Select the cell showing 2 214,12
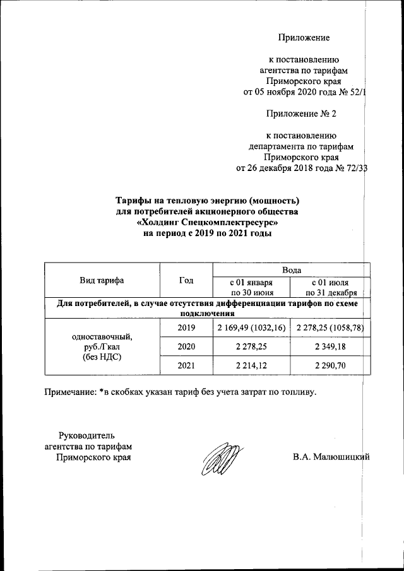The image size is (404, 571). point(251,366)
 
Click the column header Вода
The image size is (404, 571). point(291,269)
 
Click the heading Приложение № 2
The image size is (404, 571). point(302,114)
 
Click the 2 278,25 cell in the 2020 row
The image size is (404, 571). point(251,346)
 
